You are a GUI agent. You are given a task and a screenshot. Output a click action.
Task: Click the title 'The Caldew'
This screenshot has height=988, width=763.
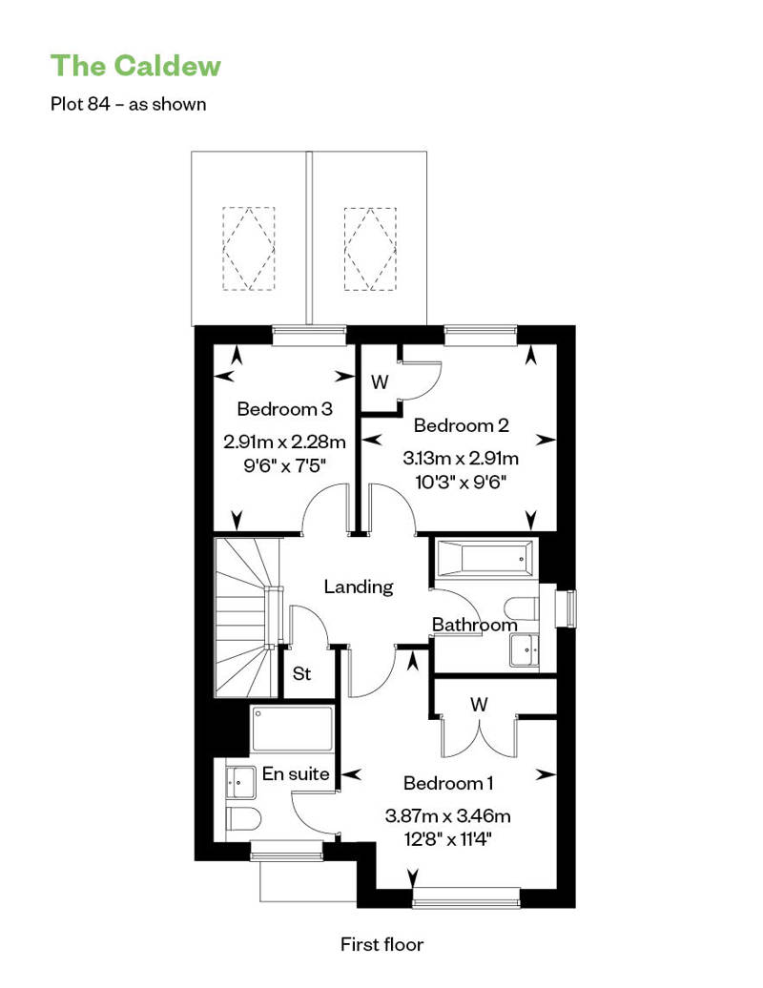135,66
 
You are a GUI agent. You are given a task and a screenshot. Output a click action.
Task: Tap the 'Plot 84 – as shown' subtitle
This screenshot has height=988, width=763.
129,104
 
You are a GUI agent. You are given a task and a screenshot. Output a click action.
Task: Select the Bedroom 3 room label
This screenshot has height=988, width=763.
284,409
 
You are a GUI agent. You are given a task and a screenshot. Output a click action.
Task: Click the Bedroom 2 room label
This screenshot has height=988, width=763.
462,425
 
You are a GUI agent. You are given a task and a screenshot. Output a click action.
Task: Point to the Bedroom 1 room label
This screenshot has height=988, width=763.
448,783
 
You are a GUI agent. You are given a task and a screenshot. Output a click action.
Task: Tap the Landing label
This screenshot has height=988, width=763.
359,587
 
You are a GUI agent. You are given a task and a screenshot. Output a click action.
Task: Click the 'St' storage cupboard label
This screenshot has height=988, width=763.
301,673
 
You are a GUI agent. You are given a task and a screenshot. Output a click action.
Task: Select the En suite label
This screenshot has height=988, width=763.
296,773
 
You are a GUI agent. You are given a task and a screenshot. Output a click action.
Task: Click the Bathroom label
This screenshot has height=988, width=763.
474,625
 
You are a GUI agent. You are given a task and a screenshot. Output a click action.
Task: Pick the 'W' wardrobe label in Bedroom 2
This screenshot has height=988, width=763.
380,381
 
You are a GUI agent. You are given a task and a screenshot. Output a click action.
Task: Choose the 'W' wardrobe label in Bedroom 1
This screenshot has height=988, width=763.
479,704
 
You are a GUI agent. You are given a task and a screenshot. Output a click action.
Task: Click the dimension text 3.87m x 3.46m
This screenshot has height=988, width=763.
447,816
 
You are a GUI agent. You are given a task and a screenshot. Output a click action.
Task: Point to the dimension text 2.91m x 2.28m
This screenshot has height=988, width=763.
285,442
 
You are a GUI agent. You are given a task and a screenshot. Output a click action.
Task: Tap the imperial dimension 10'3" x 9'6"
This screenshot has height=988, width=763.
462,483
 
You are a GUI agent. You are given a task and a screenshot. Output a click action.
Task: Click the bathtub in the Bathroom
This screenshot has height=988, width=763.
485,558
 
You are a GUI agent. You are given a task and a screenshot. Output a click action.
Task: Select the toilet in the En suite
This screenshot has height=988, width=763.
243,818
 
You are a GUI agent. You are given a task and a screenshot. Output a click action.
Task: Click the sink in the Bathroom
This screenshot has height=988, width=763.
525,649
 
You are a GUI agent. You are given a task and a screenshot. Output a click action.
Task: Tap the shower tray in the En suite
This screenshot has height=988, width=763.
292,729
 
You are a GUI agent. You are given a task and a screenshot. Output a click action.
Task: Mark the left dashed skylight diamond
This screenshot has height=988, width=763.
249,249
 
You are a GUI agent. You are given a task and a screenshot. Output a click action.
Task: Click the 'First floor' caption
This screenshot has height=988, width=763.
381,944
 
